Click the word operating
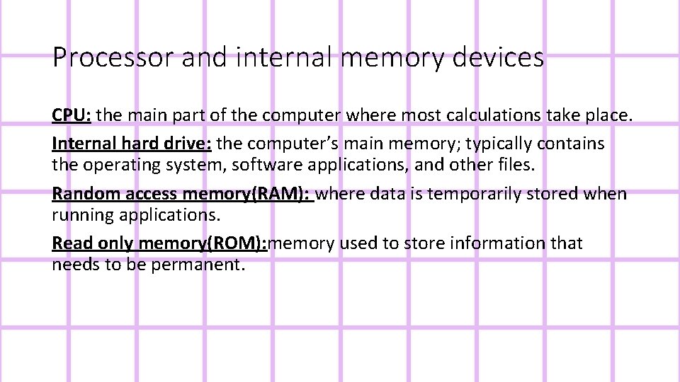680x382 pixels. (x=135, y=165)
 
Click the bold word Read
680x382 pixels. (x=72, y=243)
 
